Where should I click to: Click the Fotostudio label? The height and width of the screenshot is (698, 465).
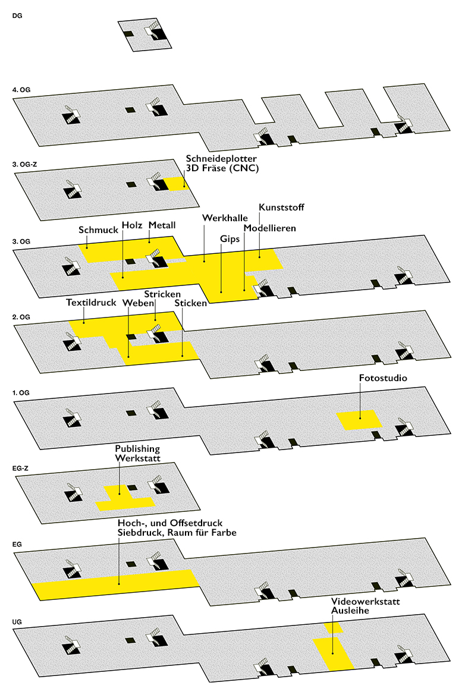[382, 378]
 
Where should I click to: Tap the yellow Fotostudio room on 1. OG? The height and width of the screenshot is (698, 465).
[359, 420]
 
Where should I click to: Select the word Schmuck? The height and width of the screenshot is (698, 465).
[99, 229]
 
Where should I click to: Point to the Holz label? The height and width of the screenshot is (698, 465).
[132, 225]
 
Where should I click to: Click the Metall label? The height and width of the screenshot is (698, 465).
[162, 225]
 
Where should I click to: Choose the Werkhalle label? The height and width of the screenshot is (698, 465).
[225, 218]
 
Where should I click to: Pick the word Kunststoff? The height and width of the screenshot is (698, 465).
[281, 207]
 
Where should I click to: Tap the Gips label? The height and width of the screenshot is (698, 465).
[230, 239]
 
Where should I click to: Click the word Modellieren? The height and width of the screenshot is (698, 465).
[269, 228]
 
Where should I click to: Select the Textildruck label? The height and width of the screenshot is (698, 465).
[91, 302]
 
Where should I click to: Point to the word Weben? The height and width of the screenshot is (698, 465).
[138, 303]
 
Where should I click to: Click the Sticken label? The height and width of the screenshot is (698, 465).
[191, 303]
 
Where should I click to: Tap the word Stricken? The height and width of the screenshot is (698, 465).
[162, 294]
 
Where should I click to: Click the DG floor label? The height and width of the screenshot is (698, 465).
[17, 15]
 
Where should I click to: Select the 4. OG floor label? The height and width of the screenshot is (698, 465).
[21, 90]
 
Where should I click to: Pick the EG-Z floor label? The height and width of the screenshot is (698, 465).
[20, 469]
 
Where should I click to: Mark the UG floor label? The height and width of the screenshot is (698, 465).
[17, 622]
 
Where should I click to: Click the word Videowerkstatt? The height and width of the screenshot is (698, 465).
[365, 601]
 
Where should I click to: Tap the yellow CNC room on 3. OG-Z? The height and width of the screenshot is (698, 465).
[176, 184]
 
